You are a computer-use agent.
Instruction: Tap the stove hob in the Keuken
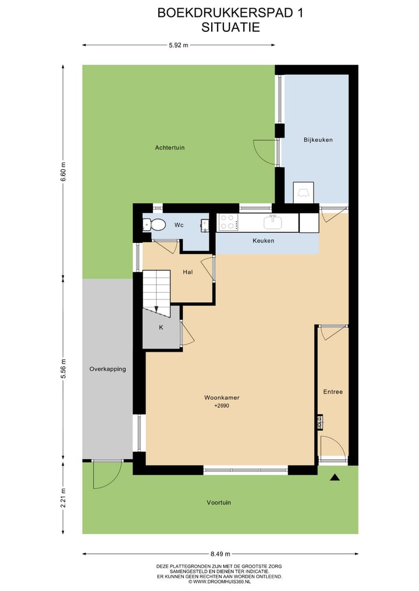point(227,223)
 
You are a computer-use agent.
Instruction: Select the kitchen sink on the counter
point(272,222)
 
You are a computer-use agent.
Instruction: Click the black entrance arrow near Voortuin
point(335,478)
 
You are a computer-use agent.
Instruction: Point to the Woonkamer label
point(222,398)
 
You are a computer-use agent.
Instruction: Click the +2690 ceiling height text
point(222,406)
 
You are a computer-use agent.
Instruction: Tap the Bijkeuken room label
point(318,140)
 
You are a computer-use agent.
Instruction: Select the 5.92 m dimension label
point(178,45)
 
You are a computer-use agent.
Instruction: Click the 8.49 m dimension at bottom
point(220,554)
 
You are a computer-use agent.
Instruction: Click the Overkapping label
point(108,369)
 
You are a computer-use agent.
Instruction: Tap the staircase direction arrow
point(156,310)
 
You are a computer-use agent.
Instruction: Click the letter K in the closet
point(161,328)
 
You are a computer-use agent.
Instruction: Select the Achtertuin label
point(170,148)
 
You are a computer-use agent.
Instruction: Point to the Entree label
point(333,392)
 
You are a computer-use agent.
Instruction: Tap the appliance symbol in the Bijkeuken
point(303,192)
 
